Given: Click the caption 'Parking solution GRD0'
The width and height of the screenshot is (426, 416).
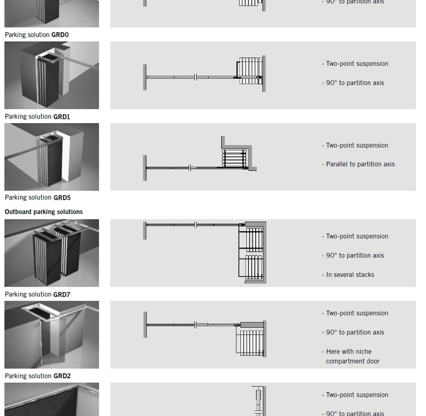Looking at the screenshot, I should click(37, 35).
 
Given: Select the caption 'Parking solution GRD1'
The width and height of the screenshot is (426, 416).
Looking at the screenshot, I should click(37, 116).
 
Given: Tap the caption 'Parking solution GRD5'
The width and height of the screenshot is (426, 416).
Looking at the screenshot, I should click(38, 197).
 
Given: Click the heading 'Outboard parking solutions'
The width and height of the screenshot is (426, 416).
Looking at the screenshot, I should click(44, 212).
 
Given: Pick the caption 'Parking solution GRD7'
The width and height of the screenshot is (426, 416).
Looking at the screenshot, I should click(37, 295).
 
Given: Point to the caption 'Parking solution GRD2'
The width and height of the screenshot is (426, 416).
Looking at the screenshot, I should click(38, 376).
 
